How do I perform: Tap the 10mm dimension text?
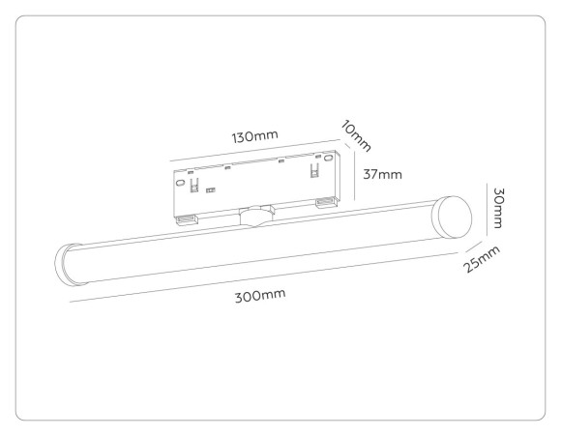pos(356,136)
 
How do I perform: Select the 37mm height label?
pos(382,174)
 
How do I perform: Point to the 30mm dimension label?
pos(496,207)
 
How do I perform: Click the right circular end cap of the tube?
pos(451,217)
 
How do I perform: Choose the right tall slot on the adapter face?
pos(313,170)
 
